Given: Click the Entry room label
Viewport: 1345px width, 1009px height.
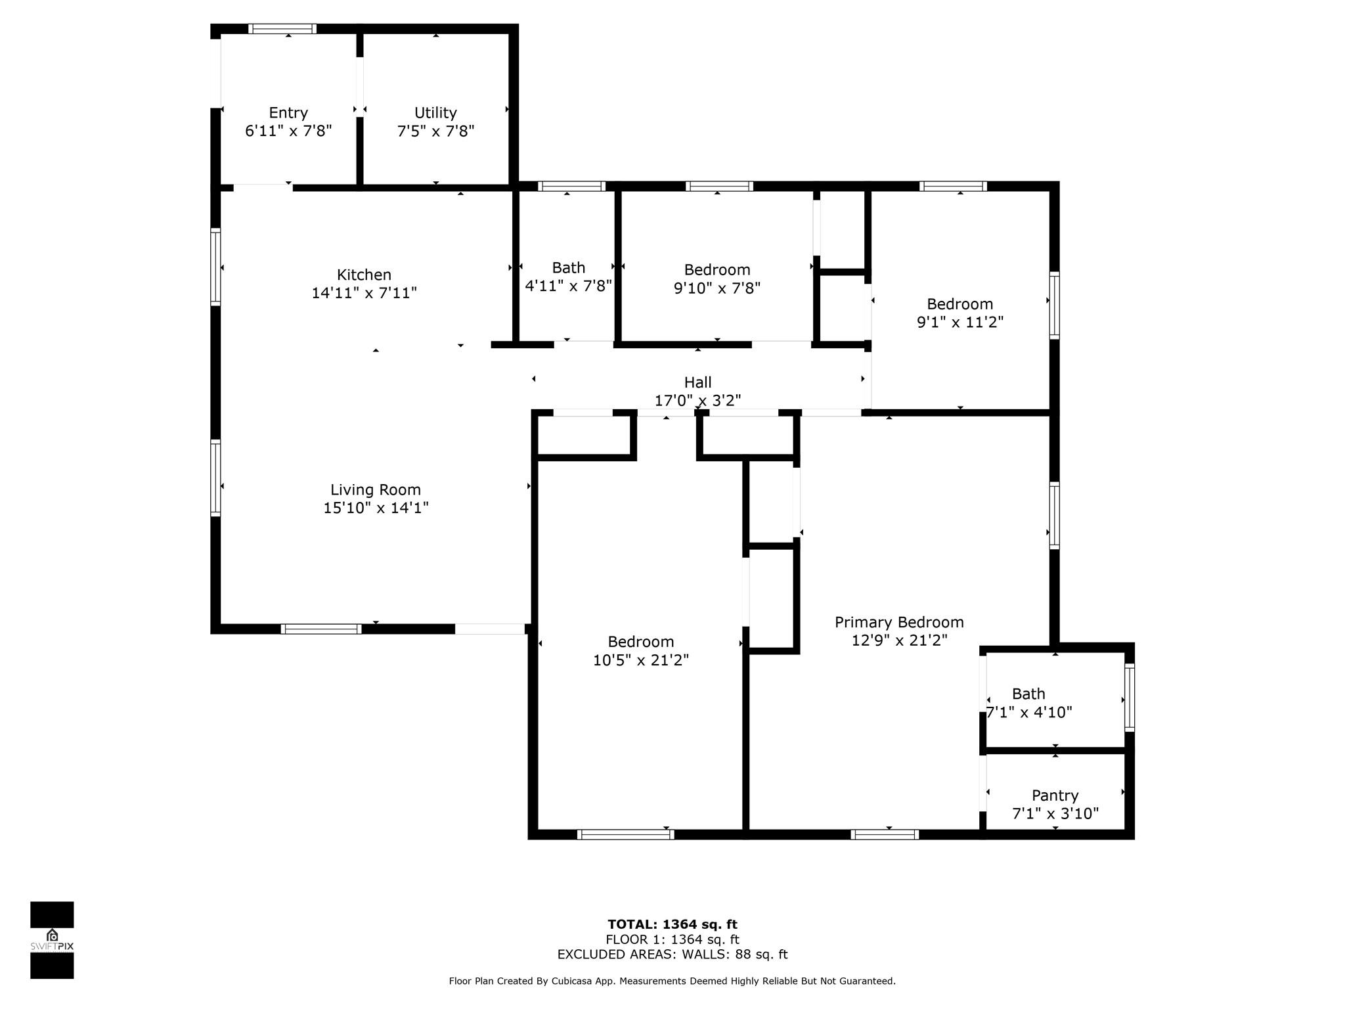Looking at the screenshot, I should [288, 113].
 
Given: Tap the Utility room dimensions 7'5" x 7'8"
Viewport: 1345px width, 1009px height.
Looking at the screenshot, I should [435, 131].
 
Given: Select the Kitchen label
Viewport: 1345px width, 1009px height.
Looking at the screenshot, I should [364, 275].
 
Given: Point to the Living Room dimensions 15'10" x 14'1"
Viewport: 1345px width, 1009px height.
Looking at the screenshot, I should [376, 508].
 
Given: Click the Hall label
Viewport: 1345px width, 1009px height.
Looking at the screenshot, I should [697, 382].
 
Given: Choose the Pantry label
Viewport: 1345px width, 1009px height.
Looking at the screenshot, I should [1055, 796].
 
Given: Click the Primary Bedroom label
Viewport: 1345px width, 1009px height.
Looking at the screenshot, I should [898, 622].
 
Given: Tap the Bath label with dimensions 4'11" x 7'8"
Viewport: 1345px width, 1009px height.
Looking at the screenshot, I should [568, 268].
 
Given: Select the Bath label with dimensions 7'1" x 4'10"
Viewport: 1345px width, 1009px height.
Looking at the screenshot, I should [1028, 694].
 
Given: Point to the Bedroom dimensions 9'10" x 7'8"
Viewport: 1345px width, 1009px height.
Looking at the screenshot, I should [717, 288].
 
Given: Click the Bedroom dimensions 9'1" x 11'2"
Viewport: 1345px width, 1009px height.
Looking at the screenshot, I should [959, 323].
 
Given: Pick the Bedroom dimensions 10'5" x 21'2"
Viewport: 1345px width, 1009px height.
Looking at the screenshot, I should [640, 660].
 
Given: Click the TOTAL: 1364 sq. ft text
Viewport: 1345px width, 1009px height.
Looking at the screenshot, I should [672, 924].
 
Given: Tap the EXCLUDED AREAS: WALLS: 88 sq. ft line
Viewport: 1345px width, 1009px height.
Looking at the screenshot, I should [672, 954].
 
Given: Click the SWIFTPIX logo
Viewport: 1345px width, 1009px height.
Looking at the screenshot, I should [52, 940].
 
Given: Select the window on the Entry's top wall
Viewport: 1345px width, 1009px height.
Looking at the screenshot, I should [282, 29].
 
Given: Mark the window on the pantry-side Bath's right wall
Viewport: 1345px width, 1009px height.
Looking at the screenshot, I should [1129, 697].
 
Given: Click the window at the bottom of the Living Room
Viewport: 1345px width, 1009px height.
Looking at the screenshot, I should [320, 629].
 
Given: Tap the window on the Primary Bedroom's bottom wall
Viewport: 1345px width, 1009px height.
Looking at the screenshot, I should [884, 834].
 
